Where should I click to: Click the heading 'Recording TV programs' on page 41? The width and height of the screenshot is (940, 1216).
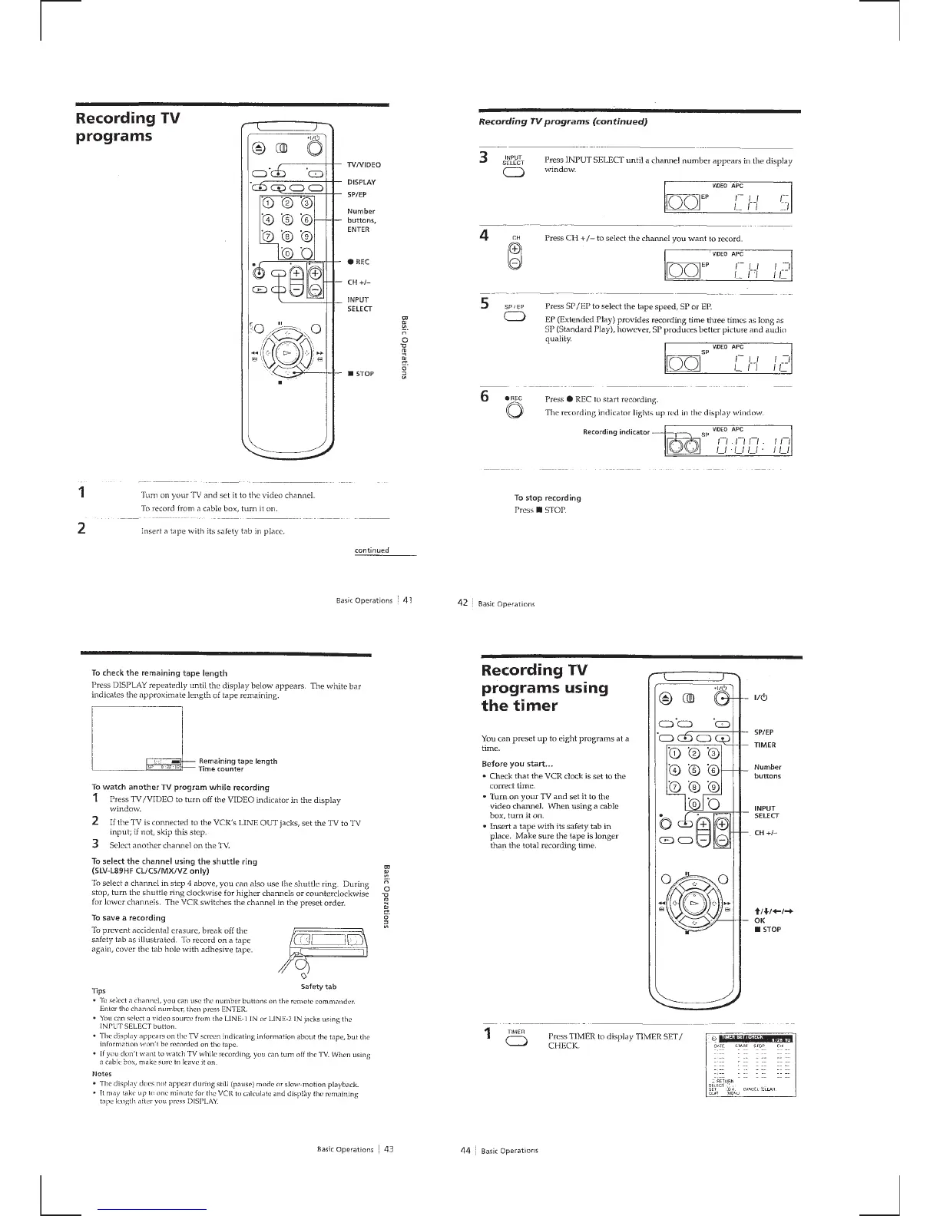click(x=127, y=127)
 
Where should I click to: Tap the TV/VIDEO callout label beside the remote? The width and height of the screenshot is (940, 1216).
click(x=365, y=165)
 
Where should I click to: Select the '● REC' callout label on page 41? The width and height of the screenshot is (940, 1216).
click(x=358, y=263)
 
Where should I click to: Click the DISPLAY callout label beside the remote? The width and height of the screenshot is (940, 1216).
click(x=362, y=183)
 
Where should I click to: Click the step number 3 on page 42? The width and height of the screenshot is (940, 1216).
click(x=484, y=158)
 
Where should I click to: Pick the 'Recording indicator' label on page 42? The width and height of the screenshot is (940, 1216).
click(x=616, y=431)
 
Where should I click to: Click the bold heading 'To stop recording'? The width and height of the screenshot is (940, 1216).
click(x=548, y=498)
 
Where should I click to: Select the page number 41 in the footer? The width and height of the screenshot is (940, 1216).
click(x=408, y=600)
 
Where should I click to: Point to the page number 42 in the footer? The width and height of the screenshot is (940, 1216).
click(x=463, y=603)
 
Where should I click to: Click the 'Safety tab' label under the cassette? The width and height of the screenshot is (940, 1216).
click(x=316, y=986)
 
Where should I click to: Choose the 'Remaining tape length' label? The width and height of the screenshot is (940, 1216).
click(x=237, y=761)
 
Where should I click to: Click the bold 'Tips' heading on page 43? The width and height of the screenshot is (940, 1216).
click(x=98, y=991)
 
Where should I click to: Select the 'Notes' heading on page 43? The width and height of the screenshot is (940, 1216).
click(x=101, y=1073)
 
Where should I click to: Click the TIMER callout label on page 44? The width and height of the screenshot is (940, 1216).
click(x=765, y=745)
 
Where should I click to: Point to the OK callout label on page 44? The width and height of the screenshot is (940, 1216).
click(x=760, y=920)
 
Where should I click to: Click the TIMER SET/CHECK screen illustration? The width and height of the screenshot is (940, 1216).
click(x=750, y=1066)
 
